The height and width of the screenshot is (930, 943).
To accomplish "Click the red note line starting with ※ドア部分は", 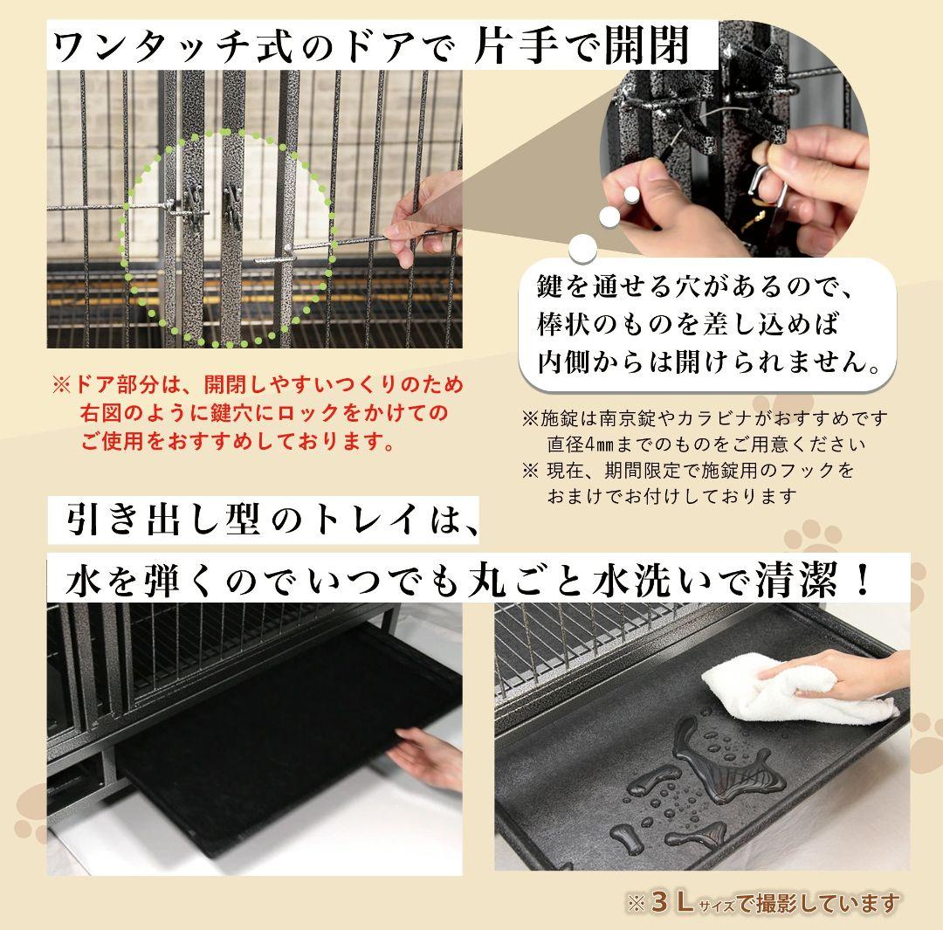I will (x=258, y=384).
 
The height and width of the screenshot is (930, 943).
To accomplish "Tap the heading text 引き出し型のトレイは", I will (x=271, y=522).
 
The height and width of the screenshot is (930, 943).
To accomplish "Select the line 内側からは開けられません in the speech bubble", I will (x=706, y=360).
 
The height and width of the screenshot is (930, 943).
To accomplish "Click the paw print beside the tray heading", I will (x=812, y=537).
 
